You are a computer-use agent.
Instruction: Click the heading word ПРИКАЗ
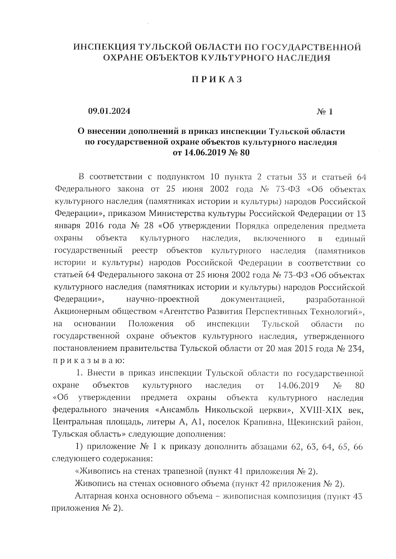coord(217,79)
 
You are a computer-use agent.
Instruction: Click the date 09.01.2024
coord(109,111)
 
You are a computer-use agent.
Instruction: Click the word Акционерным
coord(83,312)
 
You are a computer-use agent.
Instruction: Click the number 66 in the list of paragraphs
coord(358,447)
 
